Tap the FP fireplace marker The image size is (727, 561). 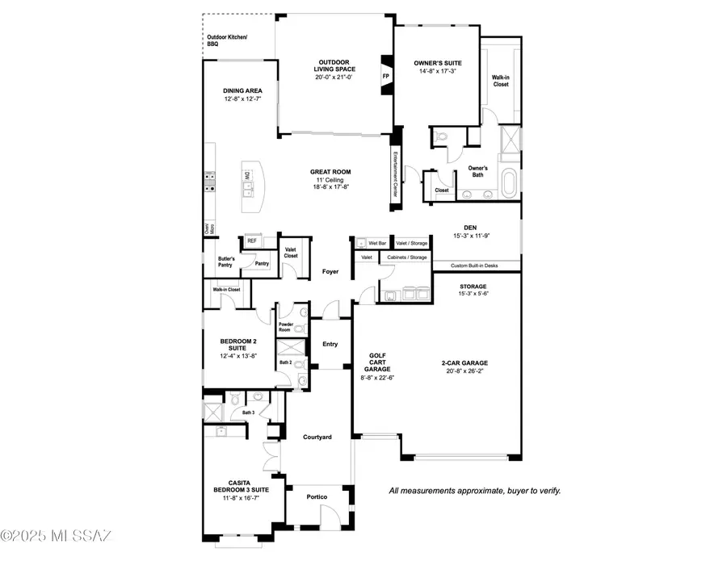(385, 77)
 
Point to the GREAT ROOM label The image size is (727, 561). (333, 171)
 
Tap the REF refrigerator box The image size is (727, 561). (251, 241)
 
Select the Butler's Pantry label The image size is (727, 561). (225, 262)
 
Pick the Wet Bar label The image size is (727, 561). (377, 242)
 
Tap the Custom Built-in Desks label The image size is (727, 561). (477, 265)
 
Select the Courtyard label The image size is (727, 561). (317, 437)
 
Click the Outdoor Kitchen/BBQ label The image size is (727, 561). (227, 40)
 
